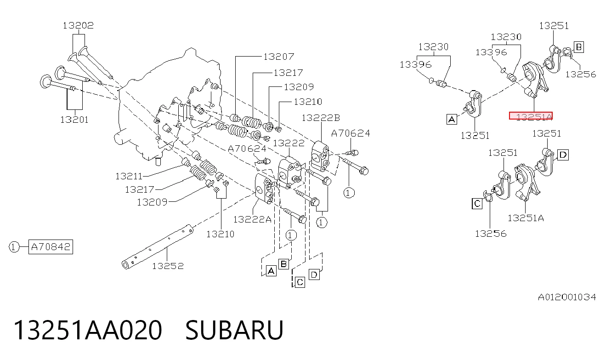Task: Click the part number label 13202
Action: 78,25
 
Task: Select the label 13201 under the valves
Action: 74,120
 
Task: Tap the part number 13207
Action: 278,57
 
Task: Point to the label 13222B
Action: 321,118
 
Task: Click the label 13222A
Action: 252,219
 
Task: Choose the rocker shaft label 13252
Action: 168,266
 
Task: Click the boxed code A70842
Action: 51,246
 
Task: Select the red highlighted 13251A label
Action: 531,116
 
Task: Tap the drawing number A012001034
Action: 567,297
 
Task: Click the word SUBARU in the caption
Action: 234,330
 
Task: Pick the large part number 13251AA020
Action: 88,330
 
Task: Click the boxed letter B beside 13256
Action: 578,47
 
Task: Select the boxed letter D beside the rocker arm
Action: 563,155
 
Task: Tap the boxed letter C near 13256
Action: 477,204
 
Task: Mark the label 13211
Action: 129,176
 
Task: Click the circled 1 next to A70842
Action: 14,247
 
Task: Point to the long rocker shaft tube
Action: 158,247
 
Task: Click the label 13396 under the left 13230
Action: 415,65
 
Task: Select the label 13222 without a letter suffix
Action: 289,143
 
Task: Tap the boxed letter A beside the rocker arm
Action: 452,119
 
